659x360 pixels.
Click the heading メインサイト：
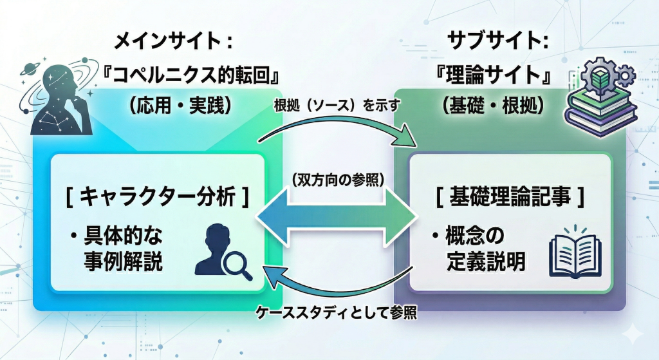172,43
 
